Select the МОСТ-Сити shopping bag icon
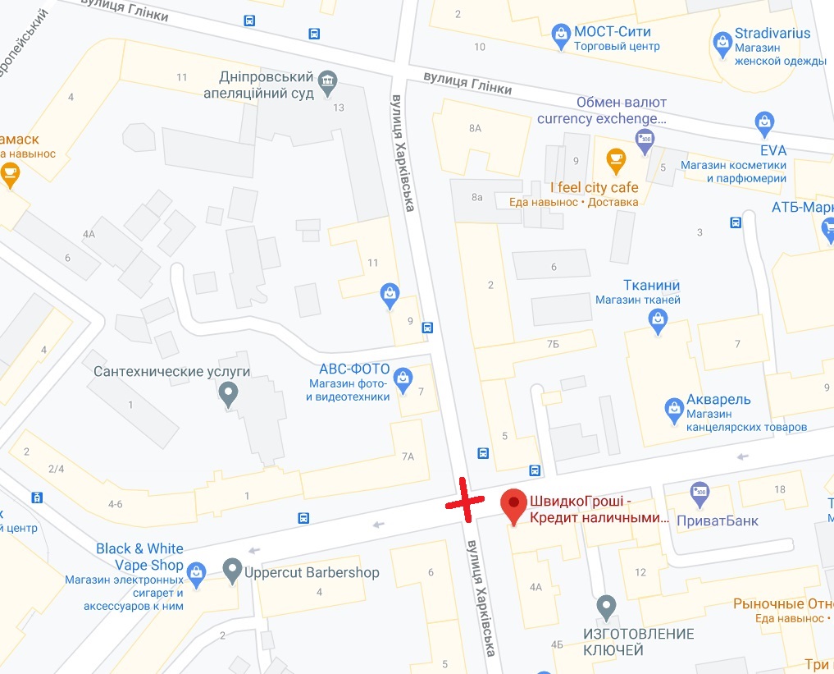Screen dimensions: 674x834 pos(561,34)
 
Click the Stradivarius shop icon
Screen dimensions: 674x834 pos(722,41)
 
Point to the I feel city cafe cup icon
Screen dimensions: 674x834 pos(616,158)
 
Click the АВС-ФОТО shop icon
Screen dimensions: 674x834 pos(403,378)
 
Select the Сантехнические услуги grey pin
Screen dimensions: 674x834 pos(229,396)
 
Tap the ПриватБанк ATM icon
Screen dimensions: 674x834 pos(700,493)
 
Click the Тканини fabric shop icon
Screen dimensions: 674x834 pos(658,324)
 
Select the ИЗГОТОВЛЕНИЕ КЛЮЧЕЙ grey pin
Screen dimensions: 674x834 pos(606,607)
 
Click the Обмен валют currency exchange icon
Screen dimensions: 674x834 pos(645,139)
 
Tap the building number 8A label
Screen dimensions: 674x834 pos(475,129)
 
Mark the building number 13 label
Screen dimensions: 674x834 pos(339,108)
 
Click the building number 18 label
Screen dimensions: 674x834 pos(779,489)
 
